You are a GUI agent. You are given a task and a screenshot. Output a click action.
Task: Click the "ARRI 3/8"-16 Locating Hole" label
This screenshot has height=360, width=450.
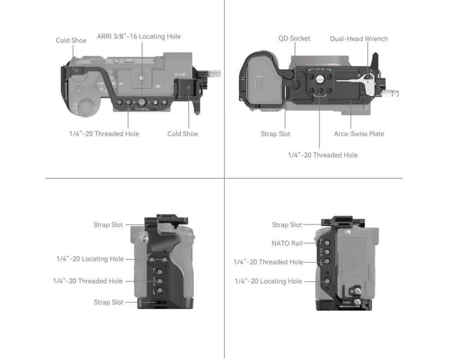[139, 36]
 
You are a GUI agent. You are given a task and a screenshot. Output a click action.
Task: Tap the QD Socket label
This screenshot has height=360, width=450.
[294, 38]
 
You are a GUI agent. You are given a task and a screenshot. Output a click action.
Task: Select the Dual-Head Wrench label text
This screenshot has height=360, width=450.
[359, 39]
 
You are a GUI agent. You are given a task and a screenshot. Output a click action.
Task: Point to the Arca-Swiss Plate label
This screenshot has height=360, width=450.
[359, 134]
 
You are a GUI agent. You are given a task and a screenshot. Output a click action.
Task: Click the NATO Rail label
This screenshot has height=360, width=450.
[287, 243]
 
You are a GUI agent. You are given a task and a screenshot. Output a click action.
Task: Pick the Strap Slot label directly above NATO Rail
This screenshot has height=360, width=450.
[287, 225]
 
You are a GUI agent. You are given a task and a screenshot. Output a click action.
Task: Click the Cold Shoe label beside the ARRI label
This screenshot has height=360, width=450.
[71, 40]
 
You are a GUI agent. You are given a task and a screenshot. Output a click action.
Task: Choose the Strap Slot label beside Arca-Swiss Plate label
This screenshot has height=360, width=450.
[275, 134]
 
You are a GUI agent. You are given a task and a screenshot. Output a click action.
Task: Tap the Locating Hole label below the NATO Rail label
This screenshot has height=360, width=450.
[268, 281]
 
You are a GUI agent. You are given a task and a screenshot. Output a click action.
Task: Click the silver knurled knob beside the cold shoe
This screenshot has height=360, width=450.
[214, 72]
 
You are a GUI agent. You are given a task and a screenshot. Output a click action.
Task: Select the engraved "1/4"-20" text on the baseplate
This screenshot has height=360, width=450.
[319, 69]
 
